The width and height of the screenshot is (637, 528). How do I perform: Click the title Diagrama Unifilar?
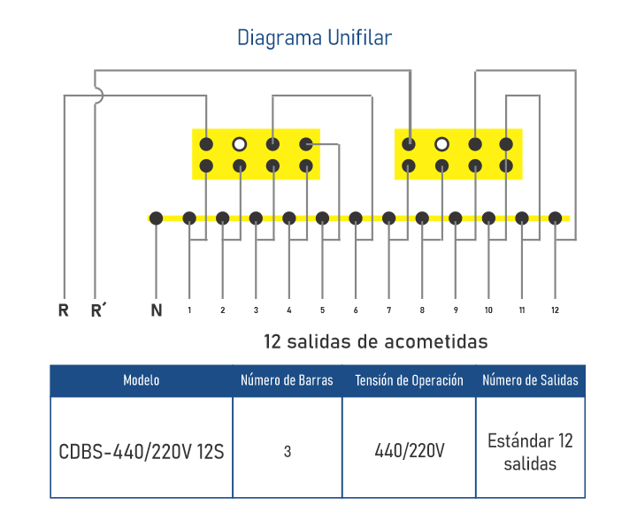(x=314, y=38)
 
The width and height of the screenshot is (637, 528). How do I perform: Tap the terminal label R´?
(x=99, y=310)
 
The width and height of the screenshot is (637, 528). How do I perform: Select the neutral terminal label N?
(x=157, y=310)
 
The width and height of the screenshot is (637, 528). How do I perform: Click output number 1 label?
(x=189, y=310)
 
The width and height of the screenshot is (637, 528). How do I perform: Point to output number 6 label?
(x=355, y=310)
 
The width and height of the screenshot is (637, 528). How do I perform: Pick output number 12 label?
(x=555, y=310)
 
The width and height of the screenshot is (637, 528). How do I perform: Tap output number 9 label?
(x=456, y=310)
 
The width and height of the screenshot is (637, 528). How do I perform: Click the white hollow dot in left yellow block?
(x=239, y=143)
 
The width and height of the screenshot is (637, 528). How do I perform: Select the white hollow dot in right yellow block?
(x=442, y=143)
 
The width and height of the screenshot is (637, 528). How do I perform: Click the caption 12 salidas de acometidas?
(x=375, y=341)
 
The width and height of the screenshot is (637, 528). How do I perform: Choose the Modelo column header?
(x=142, y=380)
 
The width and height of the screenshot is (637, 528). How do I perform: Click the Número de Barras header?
(x=288, y=380)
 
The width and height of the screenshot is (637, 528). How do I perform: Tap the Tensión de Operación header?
(x=409, y=380)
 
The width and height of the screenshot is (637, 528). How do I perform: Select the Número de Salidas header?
(x=531, y=380)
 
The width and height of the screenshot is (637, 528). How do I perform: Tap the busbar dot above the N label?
(x=157, y=218)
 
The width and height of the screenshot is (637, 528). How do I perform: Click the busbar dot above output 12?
(x=555, y=218)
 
